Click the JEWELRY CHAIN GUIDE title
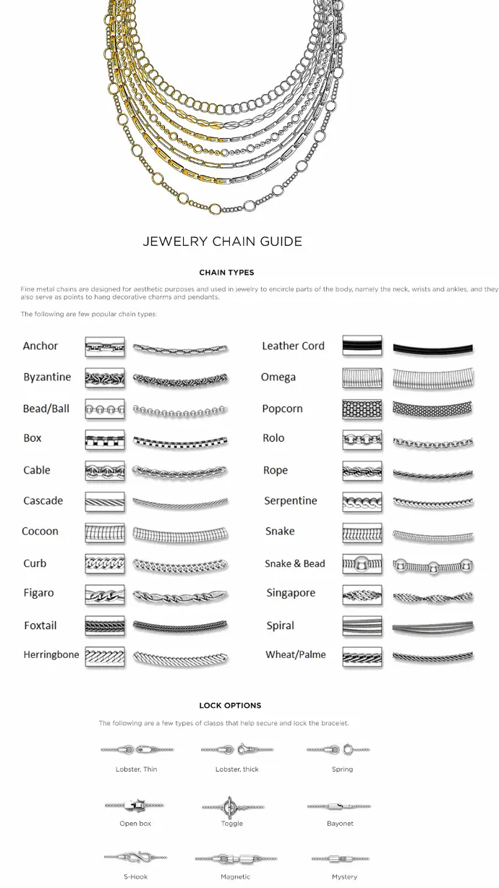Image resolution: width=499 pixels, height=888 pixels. (x=222, y=241)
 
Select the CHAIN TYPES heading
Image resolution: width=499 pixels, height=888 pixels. (x=226, y=273)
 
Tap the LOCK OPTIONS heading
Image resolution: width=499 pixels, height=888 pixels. (x=230, y=705)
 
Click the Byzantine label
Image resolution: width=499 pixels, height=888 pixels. (x=47, y=377)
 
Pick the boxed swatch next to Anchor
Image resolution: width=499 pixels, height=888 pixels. (x=105, y=347)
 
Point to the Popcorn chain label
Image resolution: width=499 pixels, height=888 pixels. (x=282, y=409)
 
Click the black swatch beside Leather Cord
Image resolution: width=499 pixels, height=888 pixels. (x=362, y=347)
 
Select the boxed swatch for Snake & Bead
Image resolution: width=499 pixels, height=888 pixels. (x=362, y=564)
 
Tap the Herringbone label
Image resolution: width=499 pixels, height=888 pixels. (x=51, y=655)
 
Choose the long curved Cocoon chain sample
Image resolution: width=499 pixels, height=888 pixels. (x=180, y=534)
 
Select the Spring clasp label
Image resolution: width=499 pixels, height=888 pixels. (x=342, y=769)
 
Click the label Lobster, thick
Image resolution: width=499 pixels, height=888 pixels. (x=236, y=769)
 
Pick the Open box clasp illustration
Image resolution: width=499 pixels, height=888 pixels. (x=135, y=805)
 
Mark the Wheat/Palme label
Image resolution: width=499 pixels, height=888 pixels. (x=295, y=655)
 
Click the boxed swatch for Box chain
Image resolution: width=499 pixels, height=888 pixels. (x=105, y=439)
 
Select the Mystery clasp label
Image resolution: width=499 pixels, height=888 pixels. (x=344, y=877)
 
